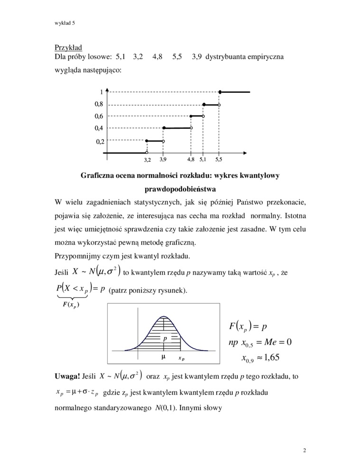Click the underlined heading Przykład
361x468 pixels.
click(x=68, y=47)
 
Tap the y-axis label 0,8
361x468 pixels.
click(x=99, y=104)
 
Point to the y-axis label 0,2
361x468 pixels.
click(x=100, y=141)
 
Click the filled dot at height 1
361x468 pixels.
click(x=219, y=92)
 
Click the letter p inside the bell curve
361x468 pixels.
click(x=165, y=339)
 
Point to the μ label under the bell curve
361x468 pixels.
click(x=163, y=356)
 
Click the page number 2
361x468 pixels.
click(x=304, y=449)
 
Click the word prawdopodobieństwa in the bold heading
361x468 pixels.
click(x=180, y=189)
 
